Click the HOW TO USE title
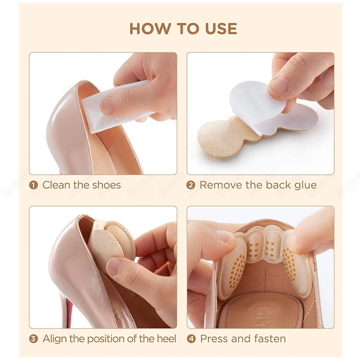183,29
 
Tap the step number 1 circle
33,185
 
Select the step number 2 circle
191,185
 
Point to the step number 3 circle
33,339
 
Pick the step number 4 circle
191,339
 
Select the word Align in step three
55,339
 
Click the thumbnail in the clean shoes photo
107,105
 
